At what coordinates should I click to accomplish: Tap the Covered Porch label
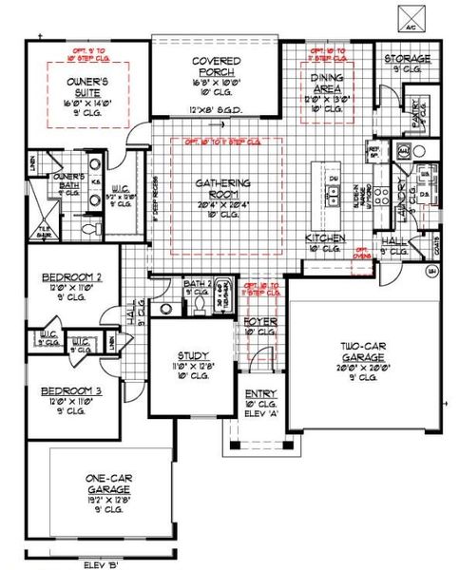click(x=218, y=68)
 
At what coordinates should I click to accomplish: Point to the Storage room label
click(x=408, y=59)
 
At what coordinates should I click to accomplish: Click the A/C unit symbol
click(x=410, y=16)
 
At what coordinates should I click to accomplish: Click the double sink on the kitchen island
click(x=335, y=197)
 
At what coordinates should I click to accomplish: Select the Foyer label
click(x=258, y=320)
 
